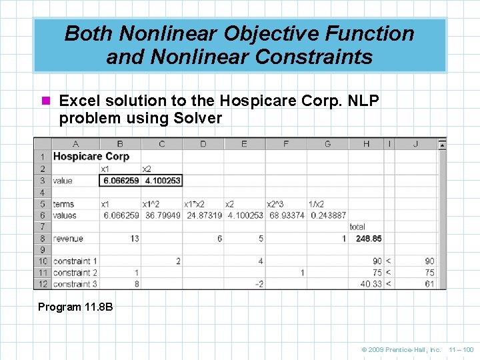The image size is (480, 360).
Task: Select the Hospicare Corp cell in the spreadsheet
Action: [x=91, y=157]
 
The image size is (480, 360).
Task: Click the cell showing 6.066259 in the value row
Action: [x=121, y=181]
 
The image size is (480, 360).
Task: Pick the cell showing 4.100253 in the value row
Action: [x=161, y=181]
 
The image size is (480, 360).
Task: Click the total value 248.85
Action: [x=369, y=239]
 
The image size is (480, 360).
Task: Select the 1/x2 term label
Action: [x=317, y=204]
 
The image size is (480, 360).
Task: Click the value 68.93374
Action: [x=286, y=215]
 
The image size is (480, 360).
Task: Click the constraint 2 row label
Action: [x=75, y=273]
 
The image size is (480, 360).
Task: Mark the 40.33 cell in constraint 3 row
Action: [x=371, y=284]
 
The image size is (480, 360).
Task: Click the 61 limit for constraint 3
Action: [x=429, y=284]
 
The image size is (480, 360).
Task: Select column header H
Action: [x=367, y=144]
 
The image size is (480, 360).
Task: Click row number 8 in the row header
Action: [x=43, y=239]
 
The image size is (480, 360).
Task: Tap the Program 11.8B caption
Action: [x=75, y=307]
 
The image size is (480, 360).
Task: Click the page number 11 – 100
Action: [x=461, y=349]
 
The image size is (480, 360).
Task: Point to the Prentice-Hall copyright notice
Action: [x=401, y=349]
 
